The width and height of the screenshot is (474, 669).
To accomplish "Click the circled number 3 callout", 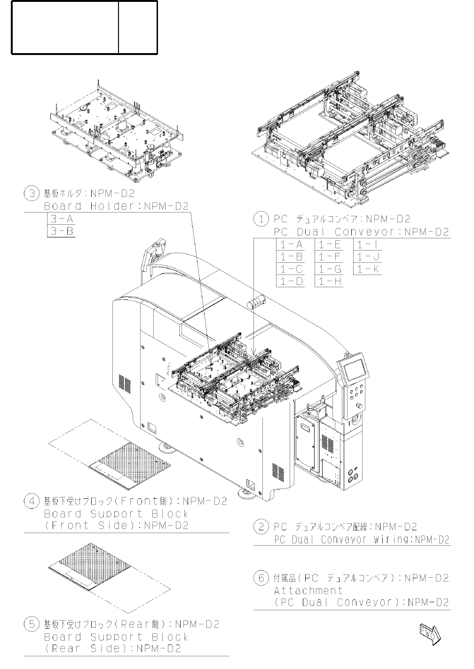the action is pos(32,194).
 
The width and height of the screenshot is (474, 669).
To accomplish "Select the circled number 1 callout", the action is pos(261,219).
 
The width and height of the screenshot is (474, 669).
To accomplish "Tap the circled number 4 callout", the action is pos(32,502).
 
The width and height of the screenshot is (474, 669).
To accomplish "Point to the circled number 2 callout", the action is pos(261,527).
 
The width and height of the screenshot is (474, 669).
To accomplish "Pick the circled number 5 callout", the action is pos(32,625).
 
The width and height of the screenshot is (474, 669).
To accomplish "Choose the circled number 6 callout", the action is pos(261,578).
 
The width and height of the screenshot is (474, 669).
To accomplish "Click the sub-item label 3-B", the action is pos(61,231).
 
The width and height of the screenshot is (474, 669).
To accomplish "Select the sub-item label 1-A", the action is pos(290,244).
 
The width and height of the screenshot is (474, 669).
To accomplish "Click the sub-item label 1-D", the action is pos(290,281).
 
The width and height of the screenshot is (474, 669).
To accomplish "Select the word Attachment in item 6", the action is pos(308,590).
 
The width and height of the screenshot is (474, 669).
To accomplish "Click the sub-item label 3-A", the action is pos(61,219).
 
